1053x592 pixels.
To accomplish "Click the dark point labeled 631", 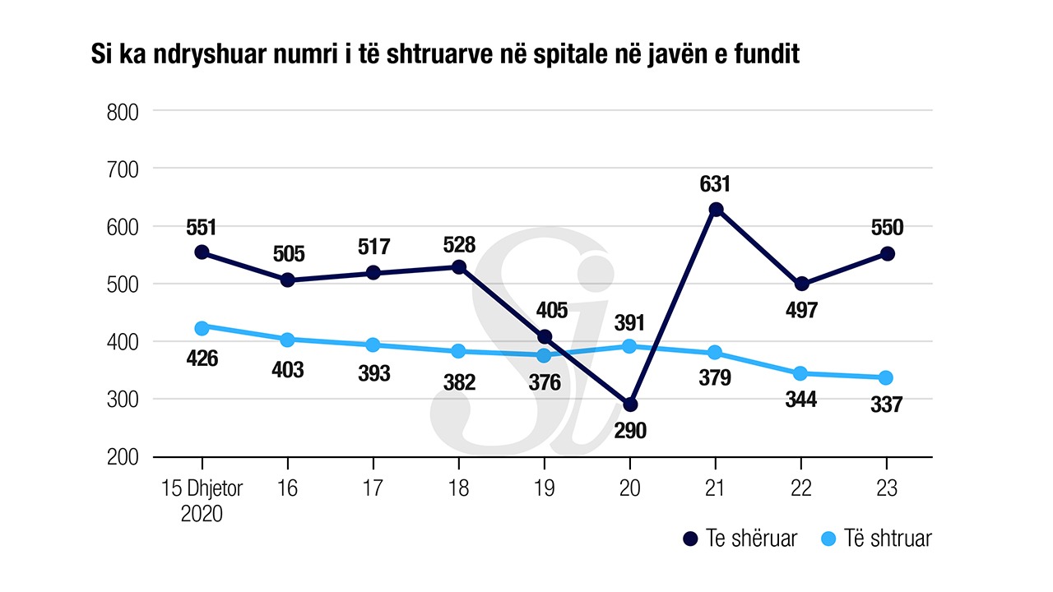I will pyautogui.click(x=716, y=210).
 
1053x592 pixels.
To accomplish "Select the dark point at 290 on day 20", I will pyautogui.click(x=630, y=405).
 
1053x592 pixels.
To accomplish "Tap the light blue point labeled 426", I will pyautogui.click(x=202, y=327).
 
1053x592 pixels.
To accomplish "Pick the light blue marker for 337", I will pyautogui.click(x=886, y=377).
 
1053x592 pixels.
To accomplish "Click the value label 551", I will pyautogui.click(x=202, y=226).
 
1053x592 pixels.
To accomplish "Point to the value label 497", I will pyautogui.click(x=800, y=310).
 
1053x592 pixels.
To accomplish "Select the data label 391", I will pyautogui.click(x=630, y=322).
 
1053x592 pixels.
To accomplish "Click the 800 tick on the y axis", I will pyautogui.click(x=123, y=112).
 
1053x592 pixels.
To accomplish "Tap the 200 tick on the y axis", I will pyautogui.click(x=123, y=457).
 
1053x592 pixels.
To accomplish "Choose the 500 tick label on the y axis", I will pyautogui.click(x=123, y=284).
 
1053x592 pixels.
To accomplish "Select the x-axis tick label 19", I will pyautogui.click(x=544, y=488).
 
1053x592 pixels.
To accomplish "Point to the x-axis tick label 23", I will pyautogui.click(x=886, y=488).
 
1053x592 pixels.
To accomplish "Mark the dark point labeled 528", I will pyautogui.click(x=459, y=267).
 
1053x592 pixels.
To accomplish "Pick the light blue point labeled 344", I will pyautogui.click(x=800, y=373).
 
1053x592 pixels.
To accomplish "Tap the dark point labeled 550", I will pyautogui.click(x=887, y=254).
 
